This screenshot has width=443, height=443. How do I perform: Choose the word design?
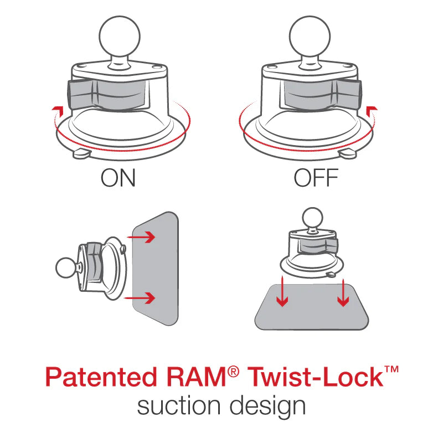[x=271, y=407]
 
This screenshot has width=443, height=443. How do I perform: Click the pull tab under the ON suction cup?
[x=80, y=152]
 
